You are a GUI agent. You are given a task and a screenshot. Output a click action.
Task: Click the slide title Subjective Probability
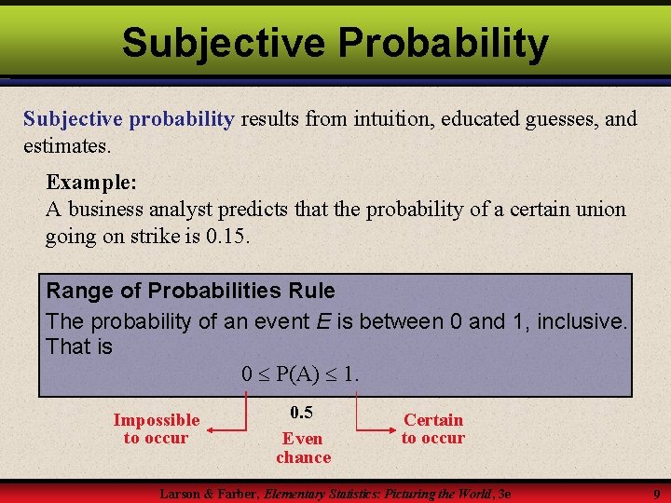[x=335, y=42]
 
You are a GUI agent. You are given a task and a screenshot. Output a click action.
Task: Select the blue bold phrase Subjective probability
[x=129, y=118]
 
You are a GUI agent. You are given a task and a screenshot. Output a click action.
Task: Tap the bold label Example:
[x=89, y=182]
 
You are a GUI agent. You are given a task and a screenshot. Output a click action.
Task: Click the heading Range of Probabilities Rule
[x=190, y=291]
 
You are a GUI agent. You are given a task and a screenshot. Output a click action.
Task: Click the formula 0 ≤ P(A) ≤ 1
[x=300, y=374]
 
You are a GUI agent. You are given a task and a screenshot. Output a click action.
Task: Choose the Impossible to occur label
[x=156, y=428]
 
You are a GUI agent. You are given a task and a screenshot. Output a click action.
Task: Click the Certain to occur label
[x=432, y=428]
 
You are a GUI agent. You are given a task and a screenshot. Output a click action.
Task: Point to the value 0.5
[x=301, y=412]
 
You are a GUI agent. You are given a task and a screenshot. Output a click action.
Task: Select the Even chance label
[x=303, y=447]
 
